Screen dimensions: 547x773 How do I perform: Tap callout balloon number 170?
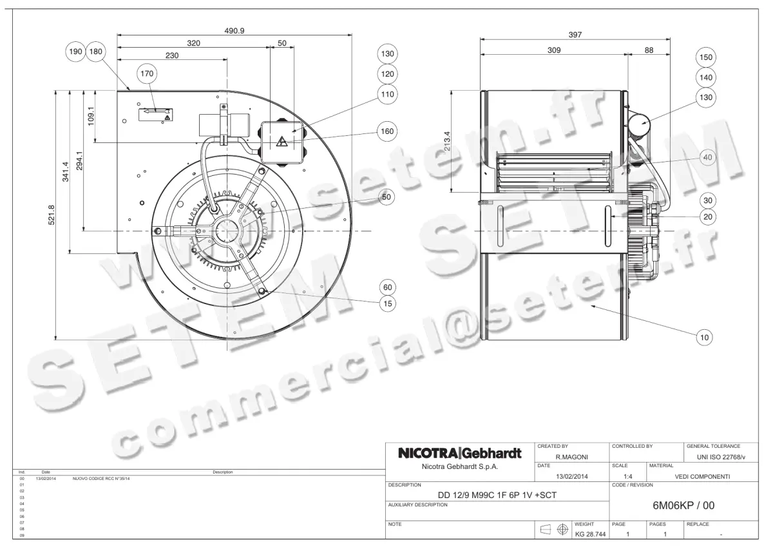click(x=148, y=74)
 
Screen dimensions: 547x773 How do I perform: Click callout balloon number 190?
click(x=75, y=52)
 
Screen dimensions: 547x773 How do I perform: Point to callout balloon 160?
click(x=387, y=131)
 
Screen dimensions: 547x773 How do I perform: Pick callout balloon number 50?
click(x=386, y=198)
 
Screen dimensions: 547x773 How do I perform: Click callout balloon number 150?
click(x=707, y=58)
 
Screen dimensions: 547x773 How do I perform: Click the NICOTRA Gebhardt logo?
click(x=459, y=453)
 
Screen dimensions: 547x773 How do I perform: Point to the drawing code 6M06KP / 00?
click(x=683, y=506)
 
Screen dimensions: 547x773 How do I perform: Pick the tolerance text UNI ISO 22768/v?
click(x=721, y=457)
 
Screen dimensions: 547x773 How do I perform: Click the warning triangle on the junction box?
click(x=282, y=142)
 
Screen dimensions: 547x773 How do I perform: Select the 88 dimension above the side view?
click(x=649, y=50)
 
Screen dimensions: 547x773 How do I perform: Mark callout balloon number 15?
click(x=386, y=303)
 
